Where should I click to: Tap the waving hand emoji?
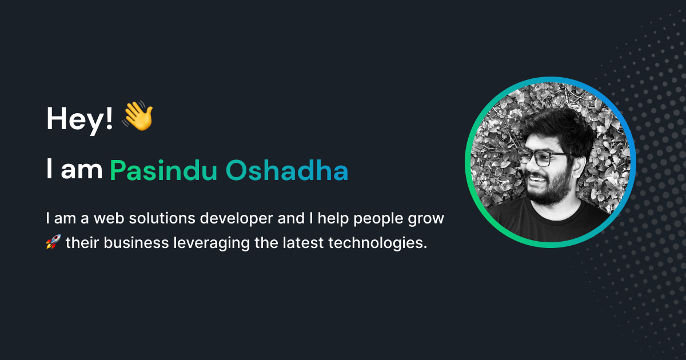tap(138, 117)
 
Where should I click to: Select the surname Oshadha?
tap(286, 170)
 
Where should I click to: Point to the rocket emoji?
tap(53, 243)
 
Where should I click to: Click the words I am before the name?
tap(74, 170)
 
